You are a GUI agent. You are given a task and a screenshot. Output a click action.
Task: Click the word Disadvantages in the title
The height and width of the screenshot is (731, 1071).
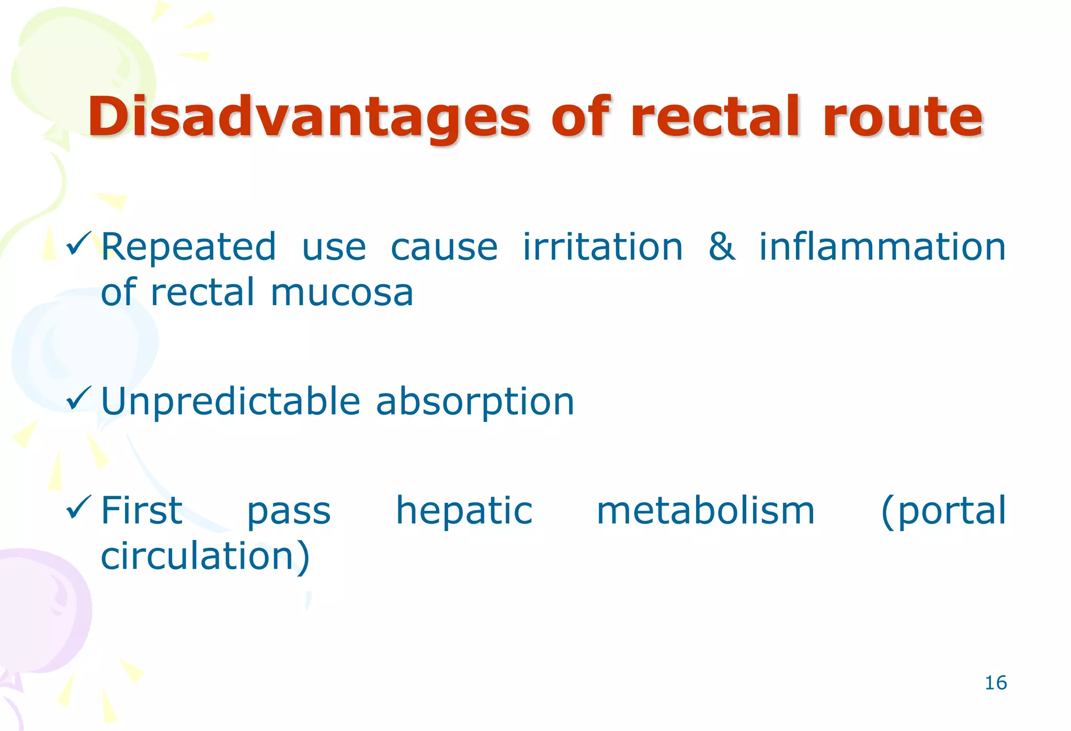click(309, 118)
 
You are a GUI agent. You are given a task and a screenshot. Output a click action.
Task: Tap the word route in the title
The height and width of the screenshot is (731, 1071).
click(903, 118)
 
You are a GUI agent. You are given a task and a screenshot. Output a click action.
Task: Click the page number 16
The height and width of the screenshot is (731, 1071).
click(995, 683)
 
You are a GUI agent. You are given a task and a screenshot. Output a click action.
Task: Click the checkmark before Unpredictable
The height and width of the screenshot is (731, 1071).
click(78, 399)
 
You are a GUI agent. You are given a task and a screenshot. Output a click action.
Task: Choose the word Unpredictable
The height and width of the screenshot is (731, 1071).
click(230, 402)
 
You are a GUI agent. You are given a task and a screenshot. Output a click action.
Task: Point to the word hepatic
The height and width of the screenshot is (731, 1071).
click(464, 512)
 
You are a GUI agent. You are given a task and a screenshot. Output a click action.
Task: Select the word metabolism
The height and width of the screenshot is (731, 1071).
click(705, 511)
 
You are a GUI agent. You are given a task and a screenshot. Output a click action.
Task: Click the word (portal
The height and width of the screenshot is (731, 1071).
click(943, 512)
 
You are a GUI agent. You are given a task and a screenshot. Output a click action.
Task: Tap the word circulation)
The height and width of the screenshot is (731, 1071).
click(205, 556)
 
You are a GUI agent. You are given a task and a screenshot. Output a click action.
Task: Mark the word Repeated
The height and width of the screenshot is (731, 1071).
click(188, 247)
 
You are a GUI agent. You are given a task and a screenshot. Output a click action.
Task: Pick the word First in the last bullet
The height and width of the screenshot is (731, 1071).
click(141, 511)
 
